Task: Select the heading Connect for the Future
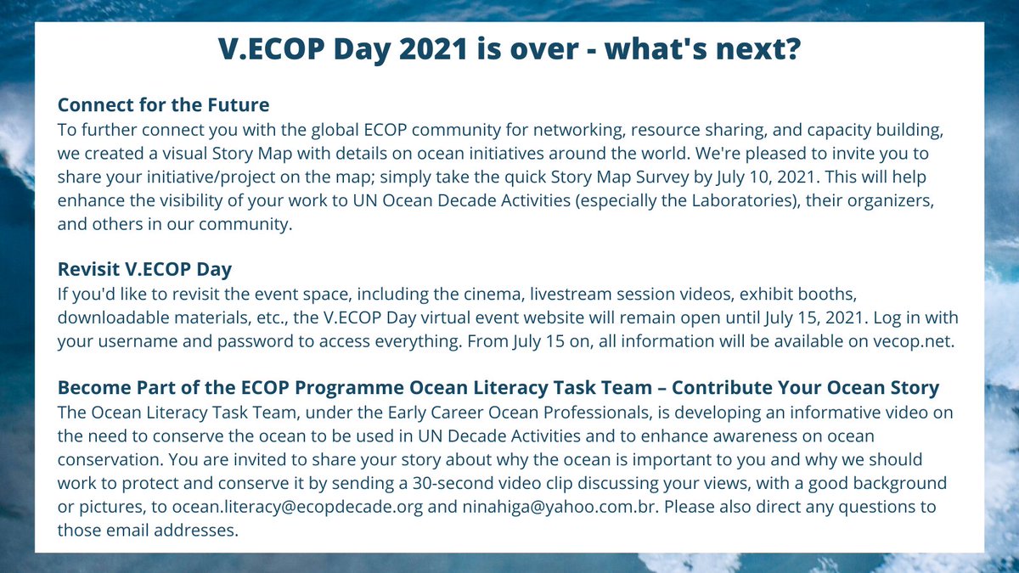[163, 105]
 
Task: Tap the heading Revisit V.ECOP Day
[144, 269]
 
